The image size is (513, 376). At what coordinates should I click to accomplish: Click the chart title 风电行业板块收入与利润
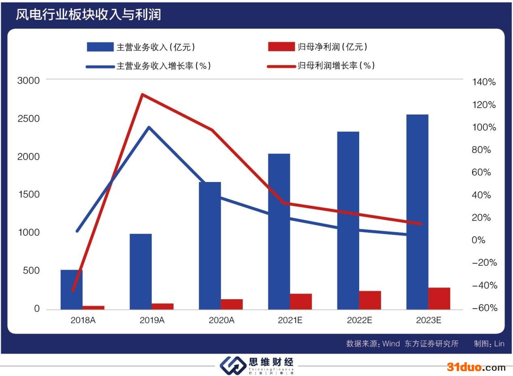pyautogui.click(x=88, y=15)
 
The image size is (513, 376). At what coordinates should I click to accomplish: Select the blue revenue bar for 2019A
pyautogui.click(x=140, y=271)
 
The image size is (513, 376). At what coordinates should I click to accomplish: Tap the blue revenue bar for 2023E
pyautogui.click(x=417, y=212)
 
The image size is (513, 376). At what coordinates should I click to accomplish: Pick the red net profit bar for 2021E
pyautogui.click(x=301, y=302)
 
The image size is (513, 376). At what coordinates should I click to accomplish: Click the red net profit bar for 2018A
pyautogui.click(x=94, y=308)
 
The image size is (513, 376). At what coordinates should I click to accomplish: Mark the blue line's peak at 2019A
pyautogui.click(x=149, y=127)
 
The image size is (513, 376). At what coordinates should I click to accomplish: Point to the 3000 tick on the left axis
pyautogui.click(x=28, y=80)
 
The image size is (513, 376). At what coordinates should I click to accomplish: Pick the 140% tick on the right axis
pyautogui.click(x=484, y=82)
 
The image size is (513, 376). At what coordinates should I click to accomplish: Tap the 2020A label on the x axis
pyautogui.click(x=221, y=320)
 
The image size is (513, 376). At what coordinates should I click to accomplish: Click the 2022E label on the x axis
pyautogui.click(x=360, y=320)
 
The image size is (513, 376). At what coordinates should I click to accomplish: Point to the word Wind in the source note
pyautogui.click(x=391, y=344)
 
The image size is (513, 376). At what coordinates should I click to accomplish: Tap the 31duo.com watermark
pyautogui.click(x=476, y=367)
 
